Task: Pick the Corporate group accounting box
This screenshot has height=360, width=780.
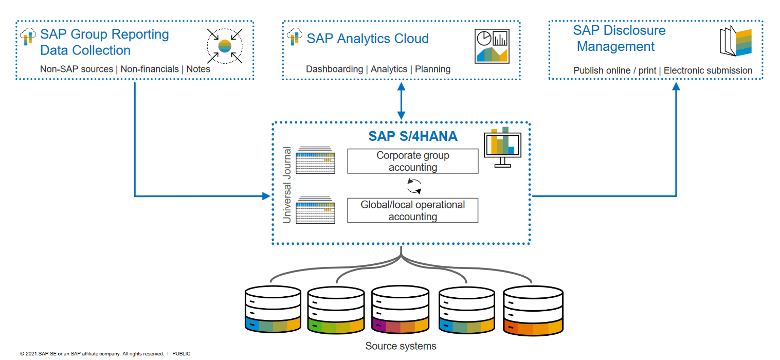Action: point(413,161)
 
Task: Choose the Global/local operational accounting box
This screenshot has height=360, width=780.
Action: point(413,209)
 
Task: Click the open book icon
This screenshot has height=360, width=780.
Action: point(737,43)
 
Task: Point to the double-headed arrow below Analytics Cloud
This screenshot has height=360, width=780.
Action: point(401,100)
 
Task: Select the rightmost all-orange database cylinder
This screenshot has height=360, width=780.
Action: point(532,310)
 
